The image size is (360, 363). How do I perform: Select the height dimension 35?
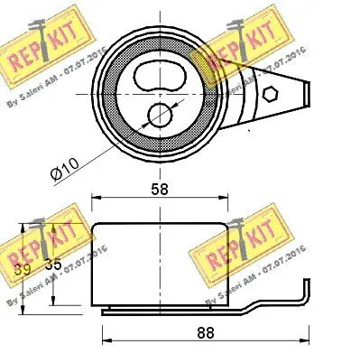[x=54, y=267]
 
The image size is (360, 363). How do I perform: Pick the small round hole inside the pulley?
[x=160, y=115]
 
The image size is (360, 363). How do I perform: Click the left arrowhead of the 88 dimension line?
[x=101, y=341]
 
